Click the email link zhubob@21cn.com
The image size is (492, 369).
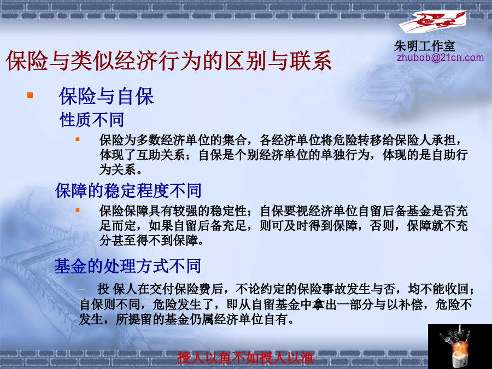point(440,57)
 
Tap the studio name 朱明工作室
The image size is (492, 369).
point(425,46)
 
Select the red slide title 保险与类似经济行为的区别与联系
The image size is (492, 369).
point(168,61)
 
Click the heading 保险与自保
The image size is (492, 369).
point(107,96)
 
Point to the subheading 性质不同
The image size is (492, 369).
point(92,120)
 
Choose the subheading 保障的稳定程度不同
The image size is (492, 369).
point(128,190)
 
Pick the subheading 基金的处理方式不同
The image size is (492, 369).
point(127,266)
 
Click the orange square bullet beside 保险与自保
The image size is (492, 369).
point(30,95)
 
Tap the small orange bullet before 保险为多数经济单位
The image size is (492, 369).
point(78,139)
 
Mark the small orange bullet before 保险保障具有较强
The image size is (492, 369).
point(78,210)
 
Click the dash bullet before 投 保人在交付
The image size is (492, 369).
point(82,289)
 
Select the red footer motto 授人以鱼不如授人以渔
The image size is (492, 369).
point(245,358)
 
